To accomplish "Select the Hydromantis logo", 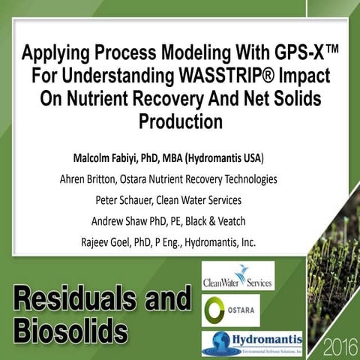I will [x=252, y=343].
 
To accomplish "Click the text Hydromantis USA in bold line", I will [x=235, y=160].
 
